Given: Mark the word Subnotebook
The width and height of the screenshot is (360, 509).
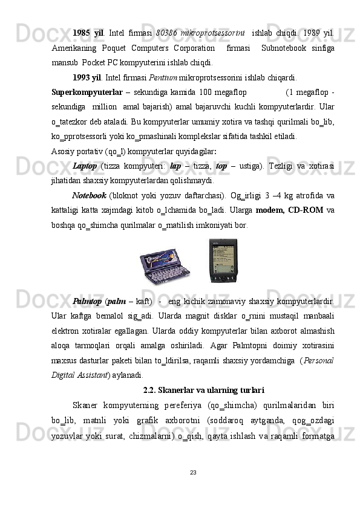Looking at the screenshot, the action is click(283, 47).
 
